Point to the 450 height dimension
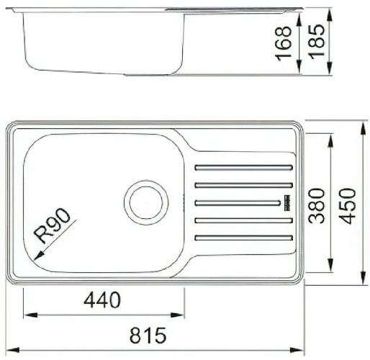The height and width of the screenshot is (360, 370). point(348,205)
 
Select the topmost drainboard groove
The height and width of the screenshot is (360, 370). point(243,167)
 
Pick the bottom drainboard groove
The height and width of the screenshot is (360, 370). point(243,238)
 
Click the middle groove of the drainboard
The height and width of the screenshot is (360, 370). point(238,202)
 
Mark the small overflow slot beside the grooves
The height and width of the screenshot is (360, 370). point(286,202)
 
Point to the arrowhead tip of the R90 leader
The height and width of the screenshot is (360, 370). point(32,257)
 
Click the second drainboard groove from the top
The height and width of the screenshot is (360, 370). point(243,184)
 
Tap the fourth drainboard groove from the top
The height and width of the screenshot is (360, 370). point(243,220)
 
